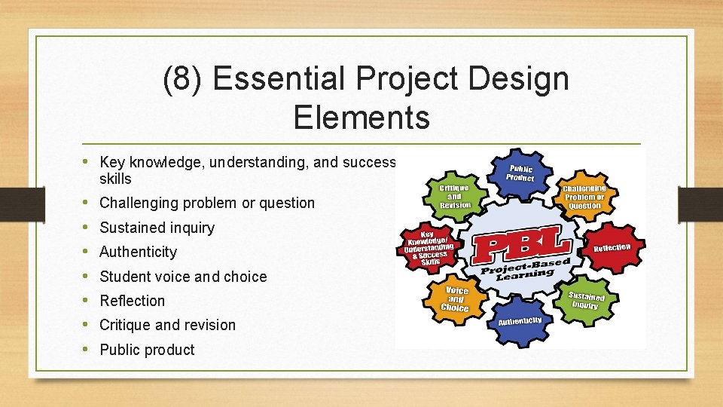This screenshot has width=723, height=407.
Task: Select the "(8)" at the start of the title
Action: (x=185, y=79)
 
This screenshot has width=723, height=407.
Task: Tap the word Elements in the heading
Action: (x=361, y=117)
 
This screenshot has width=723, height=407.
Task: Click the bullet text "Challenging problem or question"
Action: (x=207, y=203)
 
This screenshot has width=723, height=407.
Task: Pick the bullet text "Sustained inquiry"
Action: (x=157, y=228)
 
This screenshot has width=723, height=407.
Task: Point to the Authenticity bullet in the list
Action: (x=138, y=252)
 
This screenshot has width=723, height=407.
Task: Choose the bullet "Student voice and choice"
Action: (x=183, y=277)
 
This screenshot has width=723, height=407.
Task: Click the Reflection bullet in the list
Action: (x=132, y=301)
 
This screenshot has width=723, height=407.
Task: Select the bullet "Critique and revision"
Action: (x=167, y=325)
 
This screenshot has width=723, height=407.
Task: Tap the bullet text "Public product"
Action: (x=147, y=350)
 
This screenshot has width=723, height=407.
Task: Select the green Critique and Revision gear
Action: (x=454, y=195)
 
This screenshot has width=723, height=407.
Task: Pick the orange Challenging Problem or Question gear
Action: (x=584, y=197)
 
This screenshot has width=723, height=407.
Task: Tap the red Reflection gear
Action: (x=611, y=248)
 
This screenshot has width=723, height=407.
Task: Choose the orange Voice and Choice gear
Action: (x=455, y=298)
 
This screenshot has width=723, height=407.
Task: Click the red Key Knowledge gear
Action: (x=429, y=247)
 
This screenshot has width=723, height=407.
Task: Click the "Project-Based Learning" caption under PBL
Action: (x=525, y=269)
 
